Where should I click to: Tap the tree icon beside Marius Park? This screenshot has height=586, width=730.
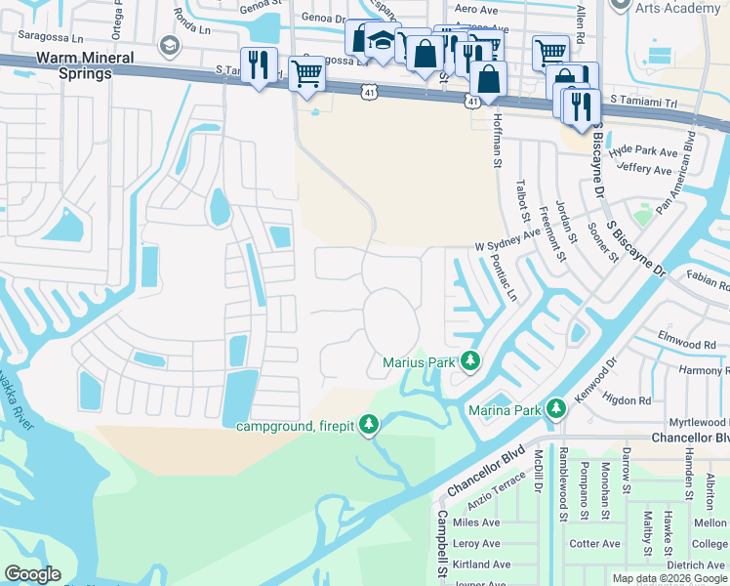point(470,362)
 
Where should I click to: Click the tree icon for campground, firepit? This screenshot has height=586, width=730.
point(368,424)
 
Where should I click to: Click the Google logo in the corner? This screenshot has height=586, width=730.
point(32,574)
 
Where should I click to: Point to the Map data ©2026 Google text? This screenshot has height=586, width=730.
point(669,578)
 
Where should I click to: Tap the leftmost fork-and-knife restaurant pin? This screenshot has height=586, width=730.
point(259,64)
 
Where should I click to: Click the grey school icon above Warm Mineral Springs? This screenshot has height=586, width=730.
point(170,46)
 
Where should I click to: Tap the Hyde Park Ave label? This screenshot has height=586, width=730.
point(642,152)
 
